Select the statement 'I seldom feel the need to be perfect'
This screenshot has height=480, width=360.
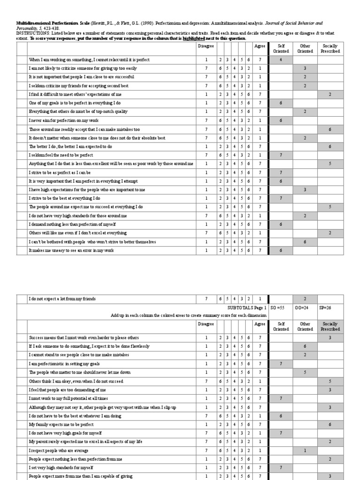(61, 155)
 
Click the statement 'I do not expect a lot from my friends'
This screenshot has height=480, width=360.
(64, 299)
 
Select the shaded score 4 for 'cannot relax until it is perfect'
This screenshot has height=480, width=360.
(280, 60)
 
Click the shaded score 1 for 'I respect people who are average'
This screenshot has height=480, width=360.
(305, 450)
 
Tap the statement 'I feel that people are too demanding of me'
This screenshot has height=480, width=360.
(67, 390)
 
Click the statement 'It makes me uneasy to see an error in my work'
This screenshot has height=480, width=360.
(71, 250)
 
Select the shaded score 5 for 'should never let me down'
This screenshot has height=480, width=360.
(305, 372)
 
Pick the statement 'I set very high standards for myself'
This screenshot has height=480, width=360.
(61, 467)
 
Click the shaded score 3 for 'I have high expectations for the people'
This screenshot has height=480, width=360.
(305, 189)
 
